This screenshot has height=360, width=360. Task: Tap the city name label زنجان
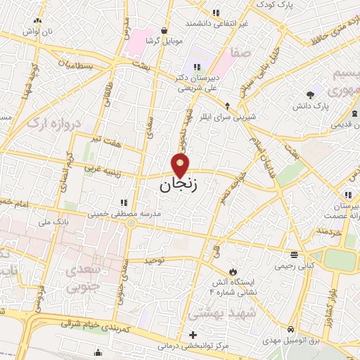coord(175,186)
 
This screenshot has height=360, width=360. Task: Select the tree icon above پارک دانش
coord(310,95)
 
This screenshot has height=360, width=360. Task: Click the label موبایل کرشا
coord(165,41)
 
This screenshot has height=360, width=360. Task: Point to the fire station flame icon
coord(232,271)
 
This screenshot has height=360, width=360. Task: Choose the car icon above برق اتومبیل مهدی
coord(290,329)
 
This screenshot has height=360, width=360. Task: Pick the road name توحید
coord(153,260)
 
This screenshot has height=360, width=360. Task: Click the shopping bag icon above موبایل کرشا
coord(165,30)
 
